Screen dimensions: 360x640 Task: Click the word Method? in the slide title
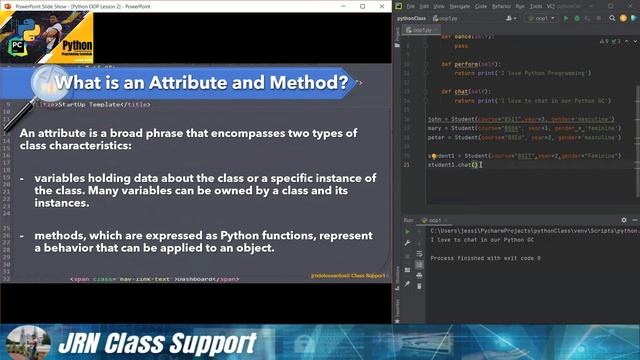pos(306,83)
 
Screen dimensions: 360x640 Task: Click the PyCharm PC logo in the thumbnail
pos(18,46)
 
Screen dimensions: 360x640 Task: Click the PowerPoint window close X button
pos(384,5)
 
